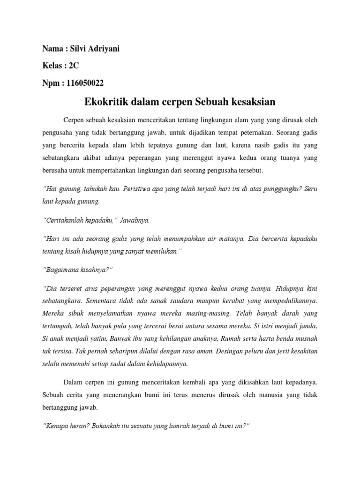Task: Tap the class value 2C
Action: [74, 66]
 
